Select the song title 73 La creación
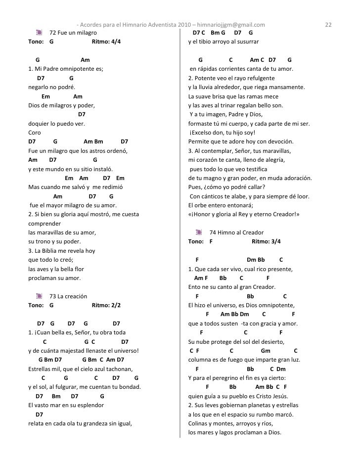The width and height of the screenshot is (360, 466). click(x=69, y=296)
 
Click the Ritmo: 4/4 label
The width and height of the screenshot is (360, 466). click(x=106, y=42)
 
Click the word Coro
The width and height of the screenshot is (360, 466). click(x=35, y=133)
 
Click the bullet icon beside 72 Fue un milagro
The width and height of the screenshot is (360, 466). click(x=40, y=33)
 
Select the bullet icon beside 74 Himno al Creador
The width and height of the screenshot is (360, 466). click(x=199, y=233)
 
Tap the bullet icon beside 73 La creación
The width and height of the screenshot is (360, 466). click(x=40, y=296)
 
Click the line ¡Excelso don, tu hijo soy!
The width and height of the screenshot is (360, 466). click(x=222, y=133)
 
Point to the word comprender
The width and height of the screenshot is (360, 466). click(x=44, y=224)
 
